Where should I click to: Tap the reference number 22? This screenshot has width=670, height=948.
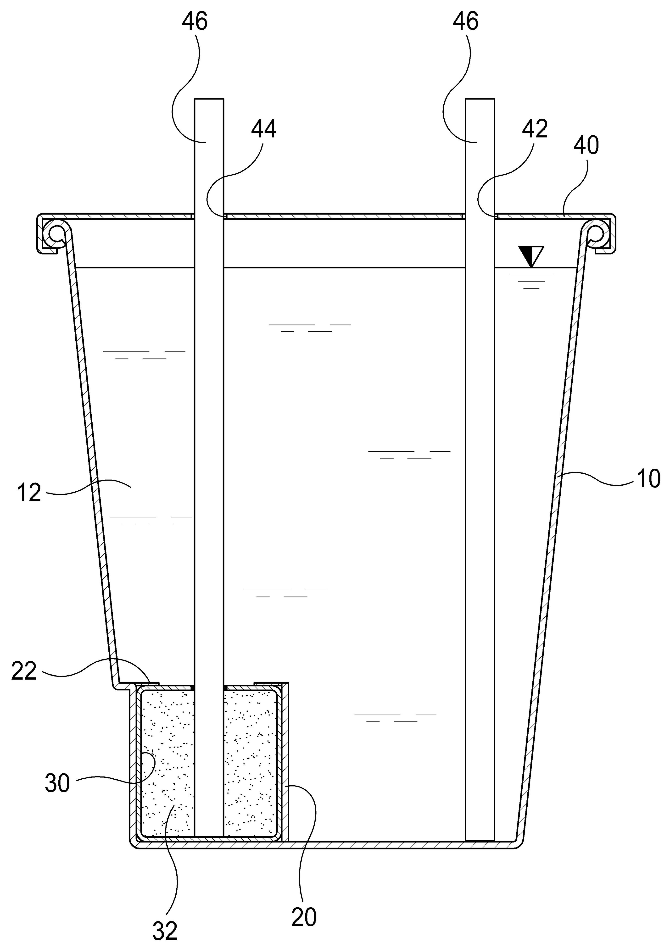[x=24, y=671]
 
